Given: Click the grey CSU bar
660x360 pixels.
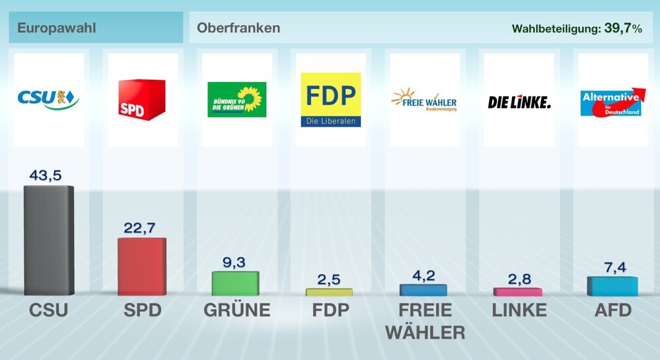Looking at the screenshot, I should click(48, 240).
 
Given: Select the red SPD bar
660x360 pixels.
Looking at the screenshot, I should click(141, 267).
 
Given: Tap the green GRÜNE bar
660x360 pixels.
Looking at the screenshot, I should click(235, 283).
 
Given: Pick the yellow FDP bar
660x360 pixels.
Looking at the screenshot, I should click(329, 291).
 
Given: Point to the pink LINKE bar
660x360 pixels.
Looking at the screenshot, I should click(517, 291).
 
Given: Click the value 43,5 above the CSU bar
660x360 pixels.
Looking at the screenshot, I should click(48, 175).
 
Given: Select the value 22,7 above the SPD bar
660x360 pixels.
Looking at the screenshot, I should click(141, 228).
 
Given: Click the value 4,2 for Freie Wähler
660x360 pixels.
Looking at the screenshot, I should click(423, 275).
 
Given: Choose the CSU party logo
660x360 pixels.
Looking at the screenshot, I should click(48, 99).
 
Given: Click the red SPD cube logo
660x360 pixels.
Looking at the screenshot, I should click(141, 100).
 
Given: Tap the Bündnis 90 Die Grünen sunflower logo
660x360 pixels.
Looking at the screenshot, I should click(237, 99).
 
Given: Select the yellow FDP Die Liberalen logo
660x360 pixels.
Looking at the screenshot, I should click(330, 100).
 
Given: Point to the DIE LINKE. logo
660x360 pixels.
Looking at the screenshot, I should click(519, 102).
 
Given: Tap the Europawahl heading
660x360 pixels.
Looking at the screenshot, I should click(57, 28).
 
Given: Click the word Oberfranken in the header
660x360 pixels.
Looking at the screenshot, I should click(238, 28).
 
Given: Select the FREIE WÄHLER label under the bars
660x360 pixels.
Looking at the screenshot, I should click(425, 320).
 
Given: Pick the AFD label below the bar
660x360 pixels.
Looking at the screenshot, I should click(612, 310).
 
